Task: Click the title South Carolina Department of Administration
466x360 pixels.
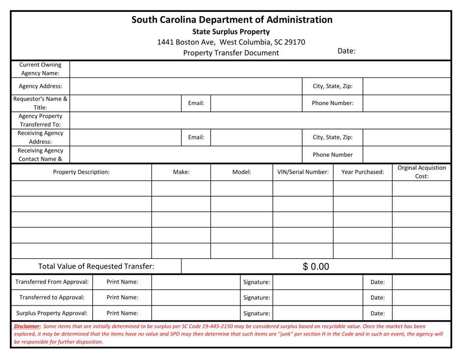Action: [233, 20]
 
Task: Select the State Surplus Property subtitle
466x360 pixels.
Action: [233, 32]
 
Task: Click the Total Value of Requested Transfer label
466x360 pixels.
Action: [93, 267]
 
